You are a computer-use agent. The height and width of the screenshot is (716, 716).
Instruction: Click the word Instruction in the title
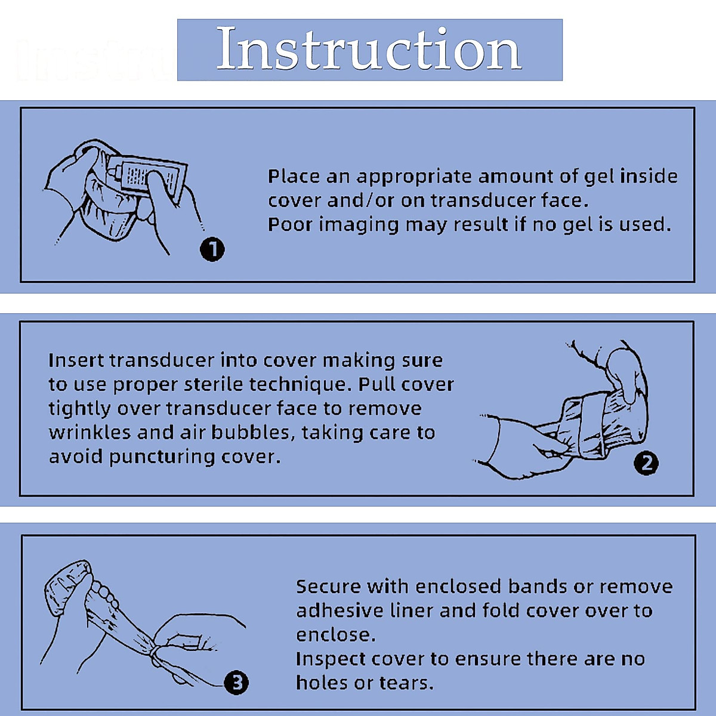(x=369, y=49)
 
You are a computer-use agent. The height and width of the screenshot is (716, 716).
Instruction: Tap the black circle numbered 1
(x=212, y=249)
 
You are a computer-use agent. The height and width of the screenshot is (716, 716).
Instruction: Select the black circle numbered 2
(x=646, y=463)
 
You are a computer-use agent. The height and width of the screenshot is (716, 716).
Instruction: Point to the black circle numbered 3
(x=236, y=682)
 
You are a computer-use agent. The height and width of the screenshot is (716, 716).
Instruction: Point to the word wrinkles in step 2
(x=89, y=433)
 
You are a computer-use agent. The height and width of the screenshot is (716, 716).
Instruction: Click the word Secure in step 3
(x=328, y=587)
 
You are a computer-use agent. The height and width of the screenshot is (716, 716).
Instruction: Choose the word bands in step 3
(x=536, y=587)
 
